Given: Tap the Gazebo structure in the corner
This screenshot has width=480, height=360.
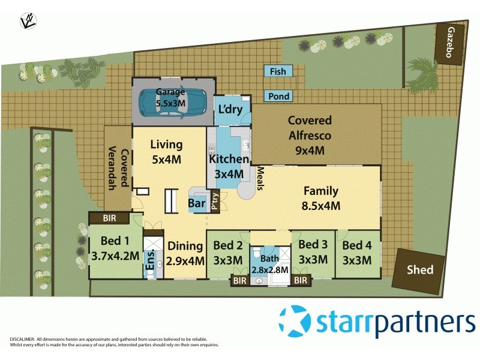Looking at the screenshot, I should [449, 44].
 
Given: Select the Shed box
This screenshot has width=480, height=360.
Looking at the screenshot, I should [420, 269].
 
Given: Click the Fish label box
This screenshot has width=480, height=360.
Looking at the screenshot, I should [278, 71].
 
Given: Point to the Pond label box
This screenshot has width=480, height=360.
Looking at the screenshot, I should [278, 96].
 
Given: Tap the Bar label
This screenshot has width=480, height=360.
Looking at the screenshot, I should [197, 203].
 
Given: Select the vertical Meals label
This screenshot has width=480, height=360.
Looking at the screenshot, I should [260, 177].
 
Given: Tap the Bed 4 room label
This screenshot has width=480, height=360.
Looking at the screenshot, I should [357, 245].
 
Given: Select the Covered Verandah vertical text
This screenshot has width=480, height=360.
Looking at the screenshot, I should [118, 169].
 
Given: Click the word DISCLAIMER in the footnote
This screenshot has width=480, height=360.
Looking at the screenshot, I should [22, 340].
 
